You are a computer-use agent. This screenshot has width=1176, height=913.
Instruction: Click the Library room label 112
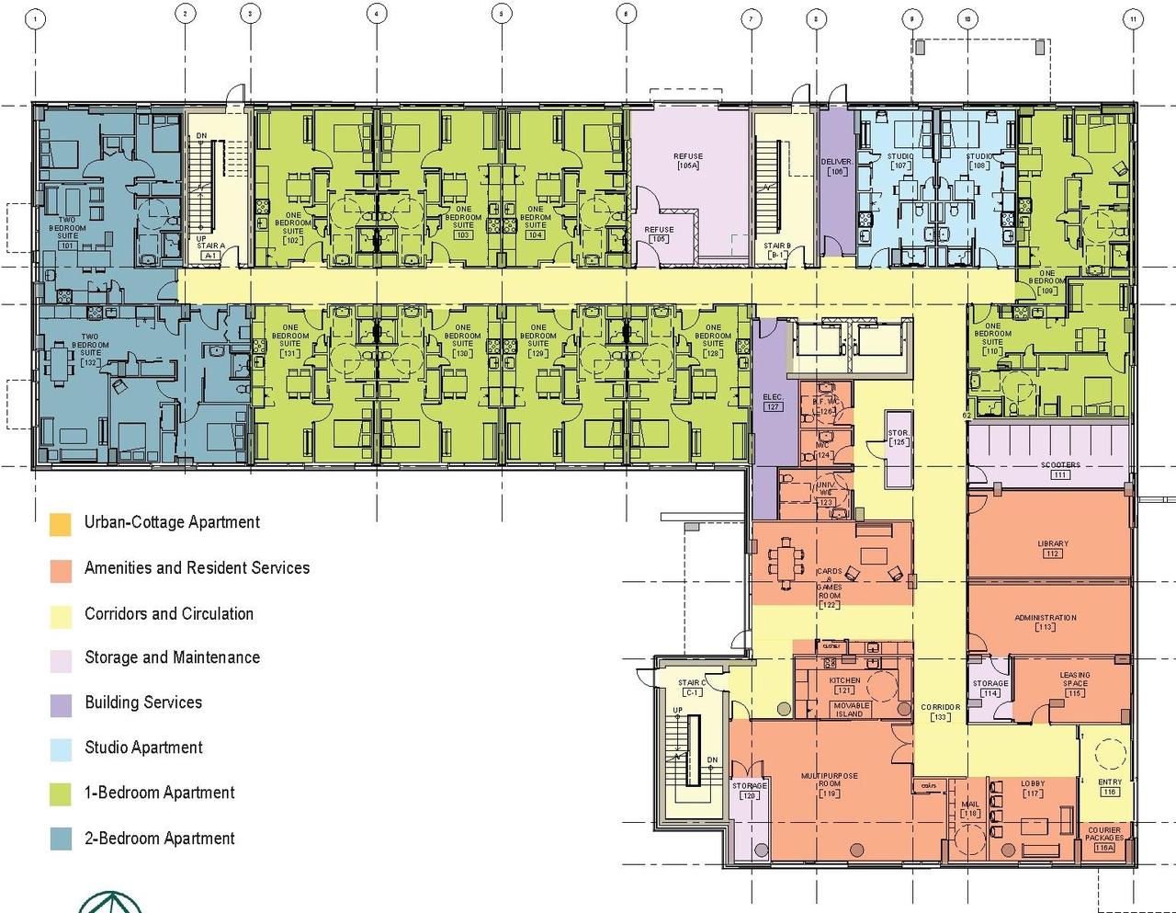[x=1053, y=549]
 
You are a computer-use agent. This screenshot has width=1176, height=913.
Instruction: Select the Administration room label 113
[x=1046, y=622]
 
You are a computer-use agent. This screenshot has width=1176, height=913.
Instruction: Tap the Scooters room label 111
[x=1060, y=470]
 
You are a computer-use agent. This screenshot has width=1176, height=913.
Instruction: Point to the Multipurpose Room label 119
[x=829, y=784]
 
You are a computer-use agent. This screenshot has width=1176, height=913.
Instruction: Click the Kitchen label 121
[x=844, y=685]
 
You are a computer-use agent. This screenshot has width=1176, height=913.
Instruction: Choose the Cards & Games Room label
[x=829, y=588]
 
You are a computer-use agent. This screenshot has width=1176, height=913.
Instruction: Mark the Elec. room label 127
[x=773, y=402]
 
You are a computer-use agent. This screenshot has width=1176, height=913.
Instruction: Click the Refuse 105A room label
[x=687, y=162]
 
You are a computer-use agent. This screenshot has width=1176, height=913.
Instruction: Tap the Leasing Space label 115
[x=1075, y=684]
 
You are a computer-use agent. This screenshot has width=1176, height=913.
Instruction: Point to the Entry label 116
[x=1109, y=787]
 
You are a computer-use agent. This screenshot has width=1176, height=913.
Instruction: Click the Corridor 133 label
[x=940, y=713]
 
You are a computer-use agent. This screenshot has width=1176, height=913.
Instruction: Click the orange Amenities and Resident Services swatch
[x=61, y=570]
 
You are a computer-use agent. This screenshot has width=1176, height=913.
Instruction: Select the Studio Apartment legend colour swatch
[x=61, y=749]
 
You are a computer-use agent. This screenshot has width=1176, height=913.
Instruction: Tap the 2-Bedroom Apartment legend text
[x=160, y=839]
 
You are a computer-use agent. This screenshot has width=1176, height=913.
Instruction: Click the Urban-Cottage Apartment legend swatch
[x=61, y=525]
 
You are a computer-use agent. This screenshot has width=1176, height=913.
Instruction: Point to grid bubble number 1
[x=36, y=18]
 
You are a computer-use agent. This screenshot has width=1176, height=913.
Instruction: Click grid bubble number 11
[x=1134, y=18]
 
